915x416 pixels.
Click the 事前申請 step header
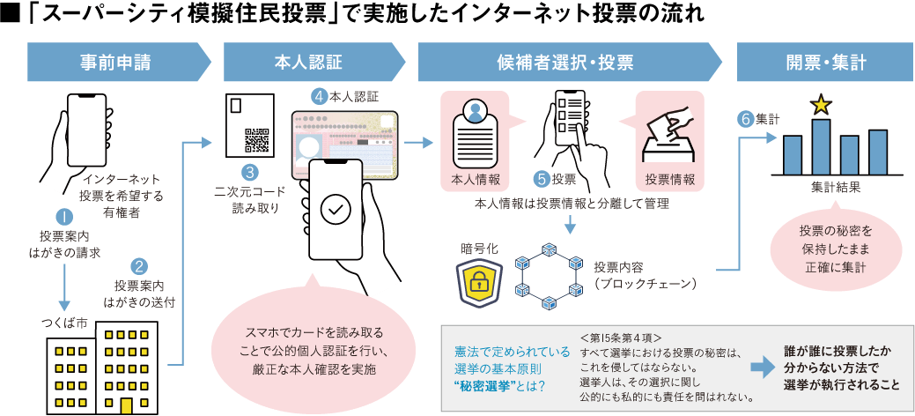(114, 63)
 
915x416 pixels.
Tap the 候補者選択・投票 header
(564, 63)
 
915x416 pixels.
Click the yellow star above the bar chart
(821, 106)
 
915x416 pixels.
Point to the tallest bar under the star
(821, 147)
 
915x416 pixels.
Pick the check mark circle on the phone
(335, 210)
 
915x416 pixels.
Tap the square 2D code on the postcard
(255, 141)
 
